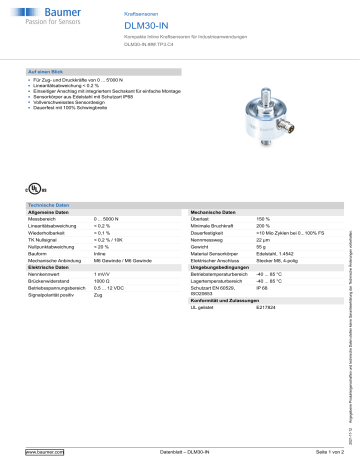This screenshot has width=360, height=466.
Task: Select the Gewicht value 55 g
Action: pos(262,248)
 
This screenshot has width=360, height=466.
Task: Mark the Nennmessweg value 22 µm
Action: pos(264,241)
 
